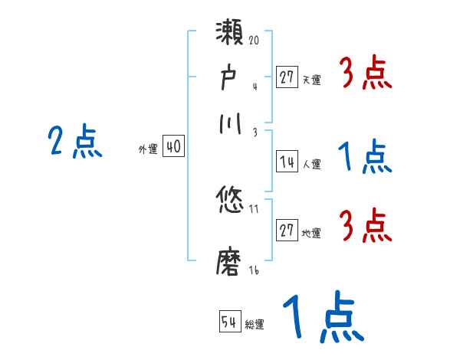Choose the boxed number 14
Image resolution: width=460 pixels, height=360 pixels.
point(287,162)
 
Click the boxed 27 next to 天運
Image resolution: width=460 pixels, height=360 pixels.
point(287,77)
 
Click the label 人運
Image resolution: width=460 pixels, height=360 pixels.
point(312,164)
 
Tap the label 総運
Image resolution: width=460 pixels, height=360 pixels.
point(255,325)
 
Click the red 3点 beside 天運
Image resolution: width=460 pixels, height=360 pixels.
point(366,75)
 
